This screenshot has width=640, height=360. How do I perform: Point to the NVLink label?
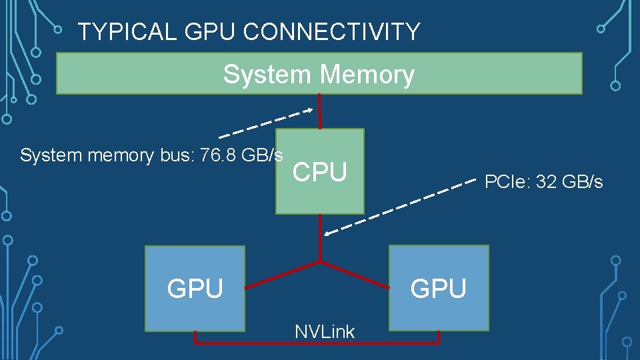(325, 331)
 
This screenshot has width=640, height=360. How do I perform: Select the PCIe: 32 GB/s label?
(543, 181)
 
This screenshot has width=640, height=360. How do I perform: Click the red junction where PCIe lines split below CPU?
(320, 261)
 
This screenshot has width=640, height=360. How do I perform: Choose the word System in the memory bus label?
(44, 155)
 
